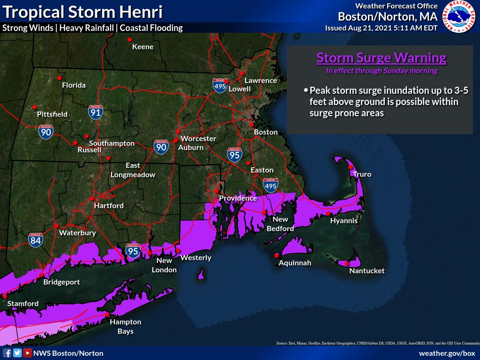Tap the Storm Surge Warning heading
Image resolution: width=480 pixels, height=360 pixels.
coord(381,58)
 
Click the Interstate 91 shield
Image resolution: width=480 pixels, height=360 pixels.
coord(95,112)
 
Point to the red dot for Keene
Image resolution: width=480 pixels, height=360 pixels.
coord(131,39)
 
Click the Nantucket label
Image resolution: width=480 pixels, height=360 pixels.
coord(367,270)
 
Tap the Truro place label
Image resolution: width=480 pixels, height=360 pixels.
coord(362,174)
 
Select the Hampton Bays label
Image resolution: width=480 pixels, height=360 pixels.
coord(125,326)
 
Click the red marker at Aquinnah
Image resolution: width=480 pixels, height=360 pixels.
coord(277,255)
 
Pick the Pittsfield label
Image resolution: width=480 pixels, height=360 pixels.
coord(52,114)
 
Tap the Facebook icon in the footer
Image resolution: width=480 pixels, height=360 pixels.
coord(7,353)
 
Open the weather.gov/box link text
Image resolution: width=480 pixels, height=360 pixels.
coord(447,353)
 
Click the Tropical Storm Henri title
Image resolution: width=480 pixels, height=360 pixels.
coord(82,12)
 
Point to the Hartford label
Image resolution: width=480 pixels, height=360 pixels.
coord(109,205)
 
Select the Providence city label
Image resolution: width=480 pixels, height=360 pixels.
coord(238,198)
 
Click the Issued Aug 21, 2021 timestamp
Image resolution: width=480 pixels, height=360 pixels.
coord(381,28)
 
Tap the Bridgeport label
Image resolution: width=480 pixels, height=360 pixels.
coord(61,282)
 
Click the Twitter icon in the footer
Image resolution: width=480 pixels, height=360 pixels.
coord(17,353)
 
